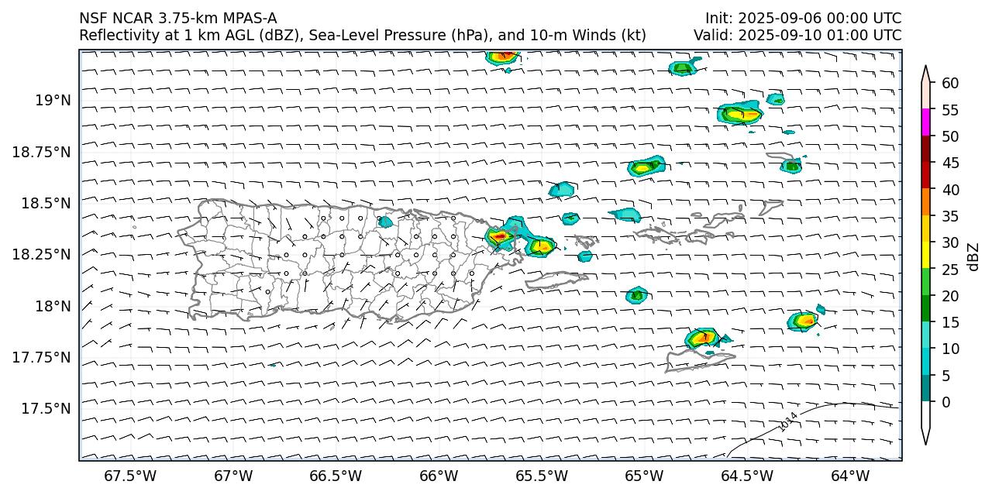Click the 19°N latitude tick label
53,100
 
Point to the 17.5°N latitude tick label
47,408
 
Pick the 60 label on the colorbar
950,84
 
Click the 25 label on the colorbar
950,269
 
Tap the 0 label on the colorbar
945,402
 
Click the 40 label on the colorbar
950,190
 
